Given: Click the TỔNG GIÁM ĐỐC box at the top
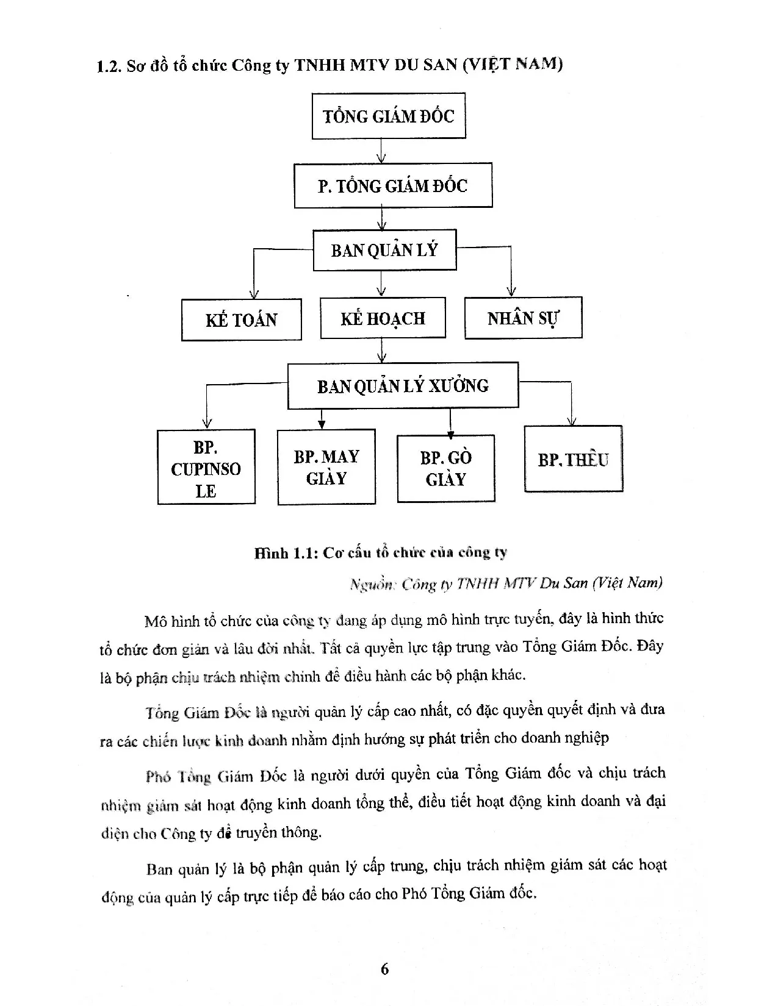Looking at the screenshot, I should [x=389, y=116].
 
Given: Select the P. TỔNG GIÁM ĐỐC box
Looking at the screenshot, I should [x=392, y=185].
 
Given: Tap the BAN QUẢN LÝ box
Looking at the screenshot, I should [x=384, y=250].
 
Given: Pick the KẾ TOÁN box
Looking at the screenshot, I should [x=242, y=319].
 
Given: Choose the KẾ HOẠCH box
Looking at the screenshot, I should [x=383, y=318].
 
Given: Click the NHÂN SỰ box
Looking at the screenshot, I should [x=523, y=318].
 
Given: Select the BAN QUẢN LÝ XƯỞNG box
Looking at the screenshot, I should [x=403, y=385].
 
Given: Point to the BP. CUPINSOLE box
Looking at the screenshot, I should [x=206, y=468].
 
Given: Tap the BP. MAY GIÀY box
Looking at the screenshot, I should [x=326, y=468].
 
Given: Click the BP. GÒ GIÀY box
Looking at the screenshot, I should [x=446, y=468].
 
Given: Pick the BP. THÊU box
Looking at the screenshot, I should [x=574, y=459].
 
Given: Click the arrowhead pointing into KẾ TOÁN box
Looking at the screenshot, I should [x=253, y=293].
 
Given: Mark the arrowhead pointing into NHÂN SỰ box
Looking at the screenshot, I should [x=511, y=291].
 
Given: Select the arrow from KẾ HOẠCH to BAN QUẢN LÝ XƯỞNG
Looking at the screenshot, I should [x=382, y=351].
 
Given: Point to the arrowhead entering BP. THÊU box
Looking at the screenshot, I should [x=572, y=421].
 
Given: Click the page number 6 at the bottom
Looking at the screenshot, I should [x=384, y=969].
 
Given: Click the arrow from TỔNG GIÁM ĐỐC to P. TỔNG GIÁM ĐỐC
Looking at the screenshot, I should [x=381, y=151].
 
